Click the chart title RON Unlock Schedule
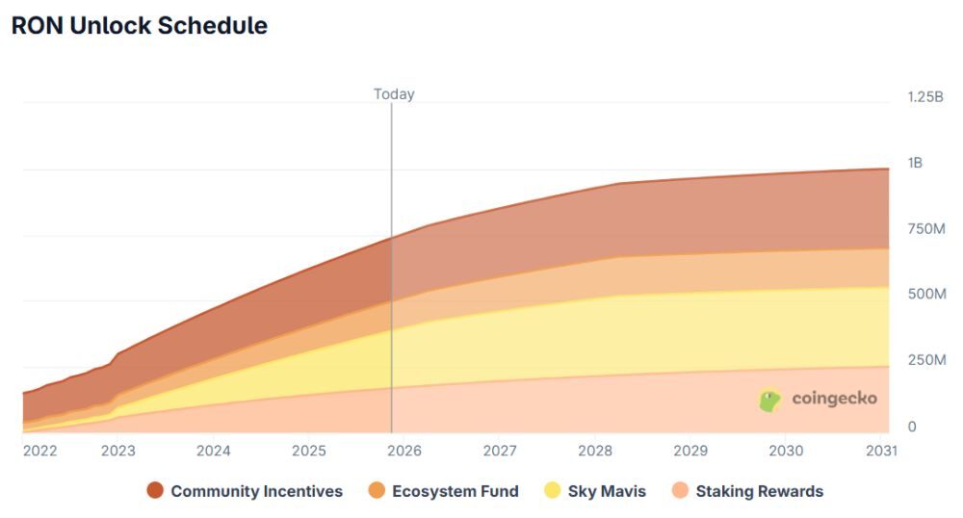(139, 26)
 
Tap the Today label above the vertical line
(394, 94)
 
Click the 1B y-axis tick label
(915, 163)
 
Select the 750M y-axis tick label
(926, 228)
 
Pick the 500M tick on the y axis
(926, 294)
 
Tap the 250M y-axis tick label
(926, 360)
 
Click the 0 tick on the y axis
(912, 427)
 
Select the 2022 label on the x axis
(39, 451)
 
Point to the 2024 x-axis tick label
(214, 451)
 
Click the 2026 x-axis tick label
(404, 451)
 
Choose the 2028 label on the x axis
(595, 451)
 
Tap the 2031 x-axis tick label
(881, 451)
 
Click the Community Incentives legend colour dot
(155, 491)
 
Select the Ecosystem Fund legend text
(455, 491)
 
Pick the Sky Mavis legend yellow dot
(552, 491)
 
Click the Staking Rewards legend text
(760, 491)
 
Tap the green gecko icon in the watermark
(770, 400)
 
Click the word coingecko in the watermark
(834, 399)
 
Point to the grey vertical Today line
(392, 289)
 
